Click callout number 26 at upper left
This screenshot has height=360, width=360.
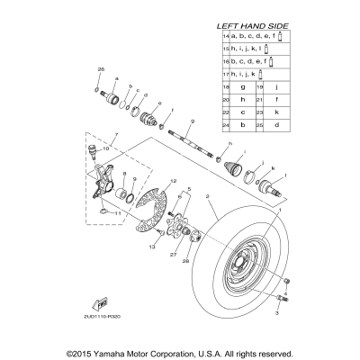click(101, 69)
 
